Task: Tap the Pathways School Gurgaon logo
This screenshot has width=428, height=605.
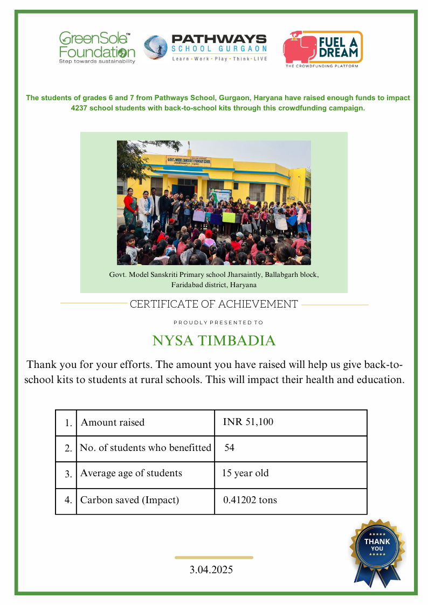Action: pos(205,47)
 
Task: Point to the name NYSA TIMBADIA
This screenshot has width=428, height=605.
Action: pos(214,340)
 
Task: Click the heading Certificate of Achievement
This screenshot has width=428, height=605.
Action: pos(214,304)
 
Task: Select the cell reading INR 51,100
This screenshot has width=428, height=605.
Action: pos(248,422)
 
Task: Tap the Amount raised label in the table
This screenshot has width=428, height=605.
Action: pos(113,422)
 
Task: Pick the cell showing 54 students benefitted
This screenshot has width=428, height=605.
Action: pos(230,448)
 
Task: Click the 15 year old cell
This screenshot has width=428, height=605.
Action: pos(245,474)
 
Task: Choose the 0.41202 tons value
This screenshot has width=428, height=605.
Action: pos(250,500)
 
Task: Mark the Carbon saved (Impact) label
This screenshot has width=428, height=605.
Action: pos(129,500)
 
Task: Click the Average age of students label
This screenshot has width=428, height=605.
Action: pos(131,474)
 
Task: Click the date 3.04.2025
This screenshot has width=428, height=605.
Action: pos(211,569)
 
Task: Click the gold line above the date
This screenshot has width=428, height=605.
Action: pos(214,558)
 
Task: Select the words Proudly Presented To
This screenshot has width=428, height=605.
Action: pos(218,323)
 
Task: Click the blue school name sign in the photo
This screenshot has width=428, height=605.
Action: pos(189,160)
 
